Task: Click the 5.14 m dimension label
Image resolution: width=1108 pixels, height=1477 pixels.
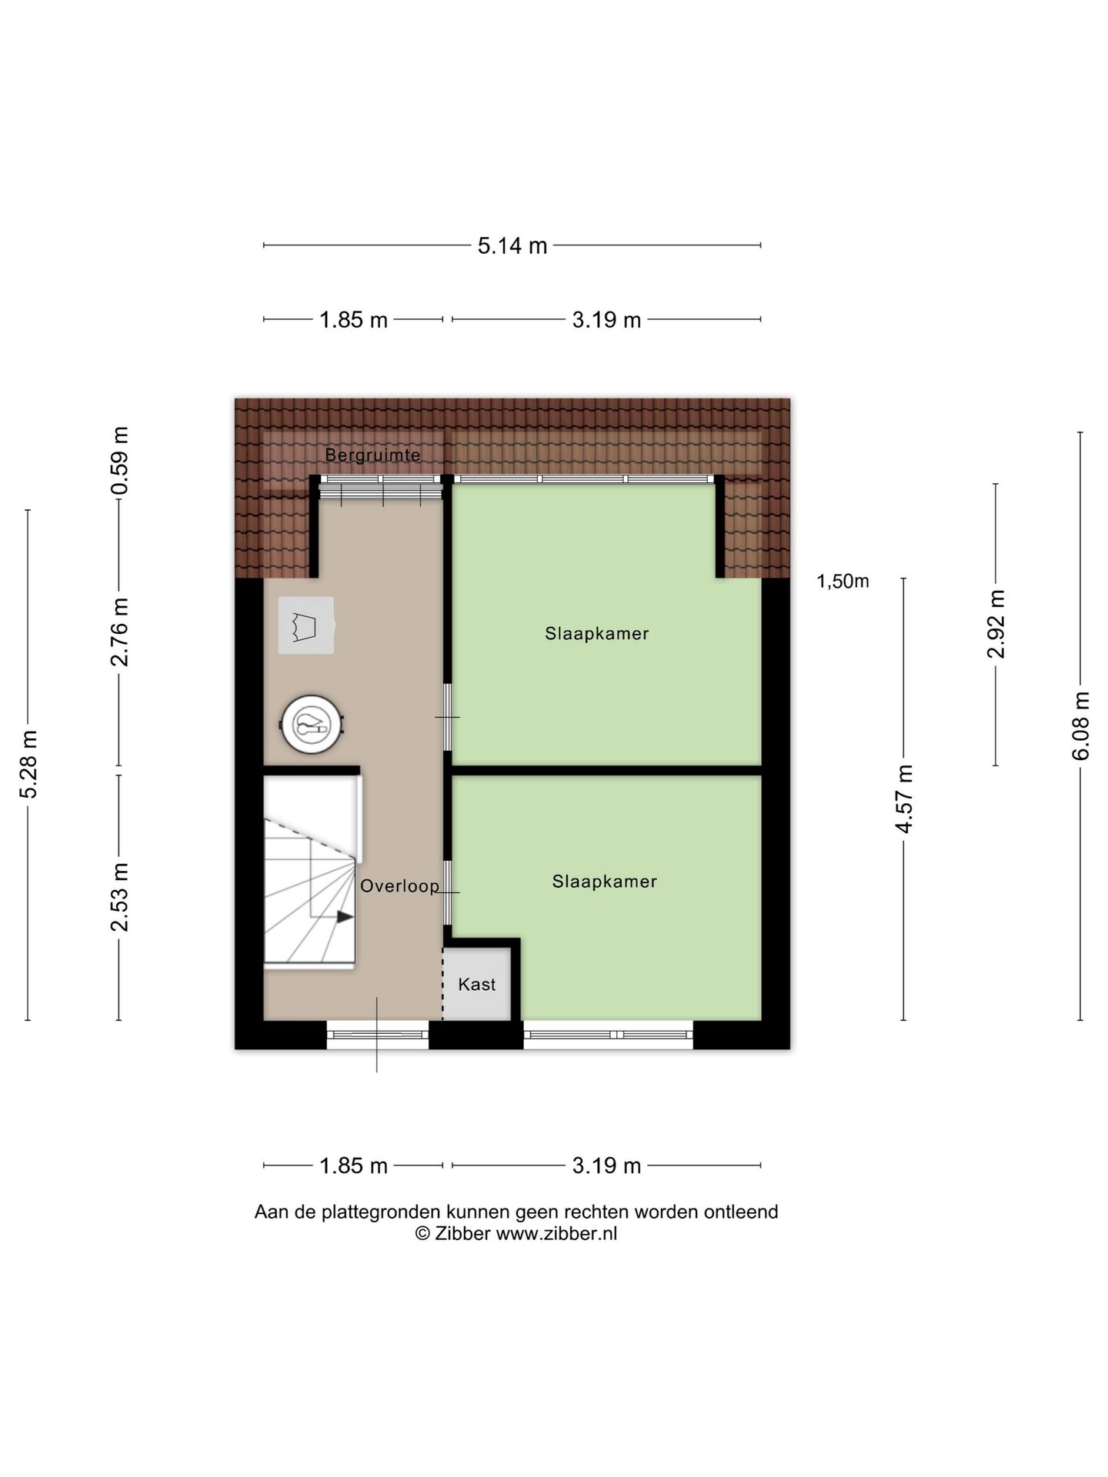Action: [512, 245]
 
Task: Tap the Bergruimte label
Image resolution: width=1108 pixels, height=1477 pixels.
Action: [372, 455]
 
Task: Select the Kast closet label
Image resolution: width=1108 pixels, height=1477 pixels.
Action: [476, 984]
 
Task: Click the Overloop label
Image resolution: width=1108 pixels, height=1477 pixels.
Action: [399, 885]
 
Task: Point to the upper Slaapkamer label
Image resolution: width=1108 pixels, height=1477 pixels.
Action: [596, 633]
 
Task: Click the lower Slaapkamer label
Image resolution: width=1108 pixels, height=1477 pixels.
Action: [604, 881]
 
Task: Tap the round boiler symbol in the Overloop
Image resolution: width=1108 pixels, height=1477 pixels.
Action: [312, 724]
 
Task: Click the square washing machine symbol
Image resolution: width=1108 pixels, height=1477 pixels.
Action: [305, 625]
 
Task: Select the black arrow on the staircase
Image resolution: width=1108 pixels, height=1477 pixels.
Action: [344, 916]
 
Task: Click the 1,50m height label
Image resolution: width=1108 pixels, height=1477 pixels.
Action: [843, 581]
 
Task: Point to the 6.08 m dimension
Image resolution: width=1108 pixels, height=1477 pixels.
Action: [1081, 725]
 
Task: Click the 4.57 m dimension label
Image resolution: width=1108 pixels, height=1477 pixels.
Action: [904, 799]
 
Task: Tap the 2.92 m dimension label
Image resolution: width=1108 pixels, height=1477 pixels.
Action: [996, 624]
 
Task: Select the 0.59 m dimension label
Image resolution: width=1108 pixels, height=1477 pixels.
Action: [119, 461]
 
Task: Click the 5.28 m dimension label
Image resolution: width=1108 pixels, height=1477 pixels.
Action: [28, 765]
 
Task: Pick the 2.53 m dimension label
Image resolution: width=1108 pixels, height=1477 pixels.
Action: [119, 897]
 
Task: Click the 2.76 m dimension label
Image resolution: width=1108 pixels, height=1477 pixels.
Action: [119, 631]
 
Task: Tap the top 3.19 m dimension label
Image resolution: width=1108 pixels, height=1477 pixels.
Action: [606, 319]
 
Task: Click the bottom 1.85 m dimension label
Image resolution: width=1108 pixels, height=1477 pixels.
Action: [353, 1165]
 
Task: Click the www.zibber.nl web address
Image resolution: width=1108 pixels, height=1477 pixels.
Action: [556, 1233]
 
